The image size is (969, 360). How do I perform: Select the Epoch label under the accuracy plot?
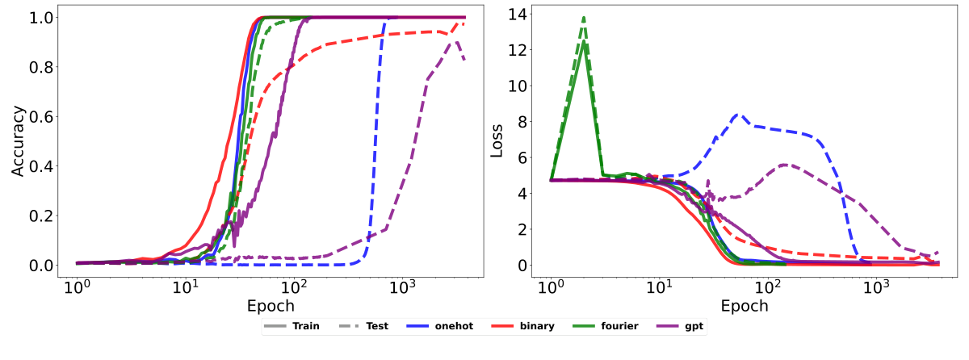(271, 306)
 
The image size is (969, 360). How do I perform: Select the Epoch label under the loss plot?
(745, 306)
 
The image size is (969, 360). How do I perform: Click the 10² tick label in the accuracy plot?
(294, 287)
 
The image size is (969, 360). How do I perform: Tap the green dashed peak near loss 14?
(583, 17)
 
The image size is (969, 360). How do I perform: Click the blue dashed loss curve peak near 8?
(736, 115)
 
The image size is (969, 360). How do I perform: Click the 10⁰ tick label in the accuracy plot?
(77, 287)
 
